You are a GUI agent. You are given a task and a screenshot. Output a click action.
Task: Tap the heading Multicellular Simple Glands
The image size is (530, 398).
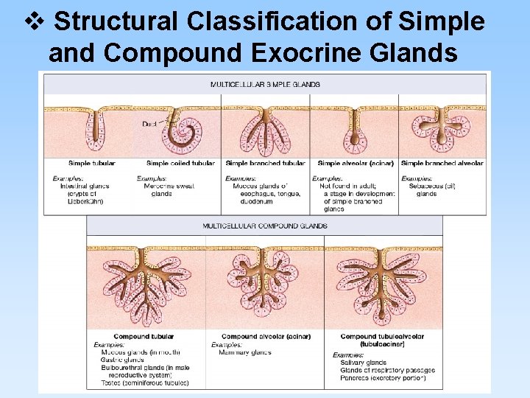[265, 85]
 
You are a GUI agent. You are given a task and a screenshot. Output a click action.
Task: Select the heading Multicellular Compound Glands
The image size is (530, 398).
[265, 226]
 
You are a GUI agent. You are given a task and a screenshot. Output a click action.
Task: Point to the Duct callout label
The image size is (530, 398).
[149, 124]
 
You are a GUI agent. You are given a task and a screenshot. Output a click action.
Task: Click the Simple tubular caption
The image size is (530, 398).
[91, 163]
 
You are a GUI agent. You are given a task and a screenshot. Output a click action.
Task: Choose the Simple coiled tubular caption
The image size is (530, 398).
[180, 163]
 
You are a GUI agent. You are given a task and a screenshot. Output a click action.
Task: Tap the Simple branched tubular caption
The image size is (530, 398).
[265, 163]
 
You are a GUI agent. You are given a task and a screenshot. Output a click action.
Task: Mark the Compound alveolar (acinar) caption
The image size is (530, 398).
[266, 337]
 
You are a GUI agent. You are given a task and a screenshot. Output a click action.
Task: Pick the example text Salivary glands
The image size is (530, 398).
[363, 363]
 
